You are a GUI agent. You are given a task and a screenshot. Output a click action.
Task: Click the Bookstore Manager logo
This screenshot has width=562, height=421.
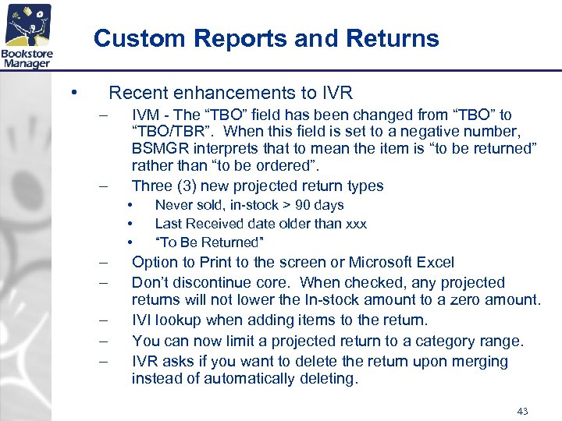click(x=27, y=37)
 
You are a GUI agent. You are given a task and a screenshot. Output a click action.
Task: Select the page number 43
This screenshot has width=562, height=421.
click(x=522, y=410)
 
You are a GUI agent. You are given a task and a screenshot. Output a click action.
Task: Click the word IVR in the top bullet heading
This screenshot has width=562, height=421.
click(x=336, y=94)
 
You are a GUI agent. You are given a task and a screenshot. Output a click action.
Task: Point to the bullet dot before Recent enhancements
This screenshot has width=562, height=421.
click(x=72, y=93)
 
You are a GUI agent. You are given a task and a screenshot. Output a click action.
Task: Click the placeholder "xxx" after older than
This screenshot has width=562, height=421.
click(x=355, y=224)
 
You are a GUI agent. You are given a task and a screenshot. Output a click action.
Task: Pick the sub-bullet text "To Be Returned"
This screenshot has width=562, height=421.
click(x=210, y=242)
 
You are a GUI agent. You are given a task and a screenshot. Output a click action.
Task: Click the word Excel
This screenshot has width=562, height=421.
click(x=435, y=263)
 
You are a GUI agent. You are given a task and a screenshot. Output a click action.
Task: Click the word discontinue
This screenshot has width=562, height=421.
click(x=216, y=283)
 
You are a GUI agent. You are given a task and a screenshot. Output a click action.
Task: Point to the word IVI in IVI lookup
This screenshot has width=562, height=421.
click(x=143, y=320)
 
